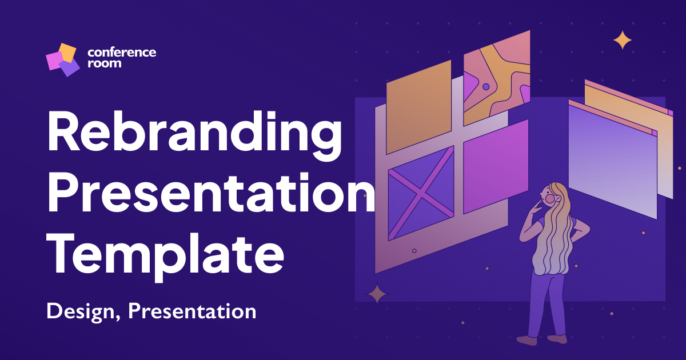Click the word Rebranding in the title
[194, 135]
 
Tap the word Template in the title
[165, 255]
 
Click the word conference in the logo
[122, 53]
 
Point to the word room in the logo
[105, 63]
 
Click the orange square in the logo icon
[67, 53]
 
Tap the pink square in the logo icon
[54, 61]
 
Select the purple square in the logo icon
[70, 67]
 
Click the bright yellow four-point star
[623, 40]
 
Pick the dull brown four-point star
[377, 294]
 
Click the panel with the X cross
[421, 194]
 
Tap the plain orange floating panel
[418, 107]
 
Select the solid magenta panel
[496, 166]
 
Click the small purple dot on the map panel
[486, 87]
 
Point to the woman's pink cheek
[550, 198]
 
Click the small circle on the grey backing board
[414, 251]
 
